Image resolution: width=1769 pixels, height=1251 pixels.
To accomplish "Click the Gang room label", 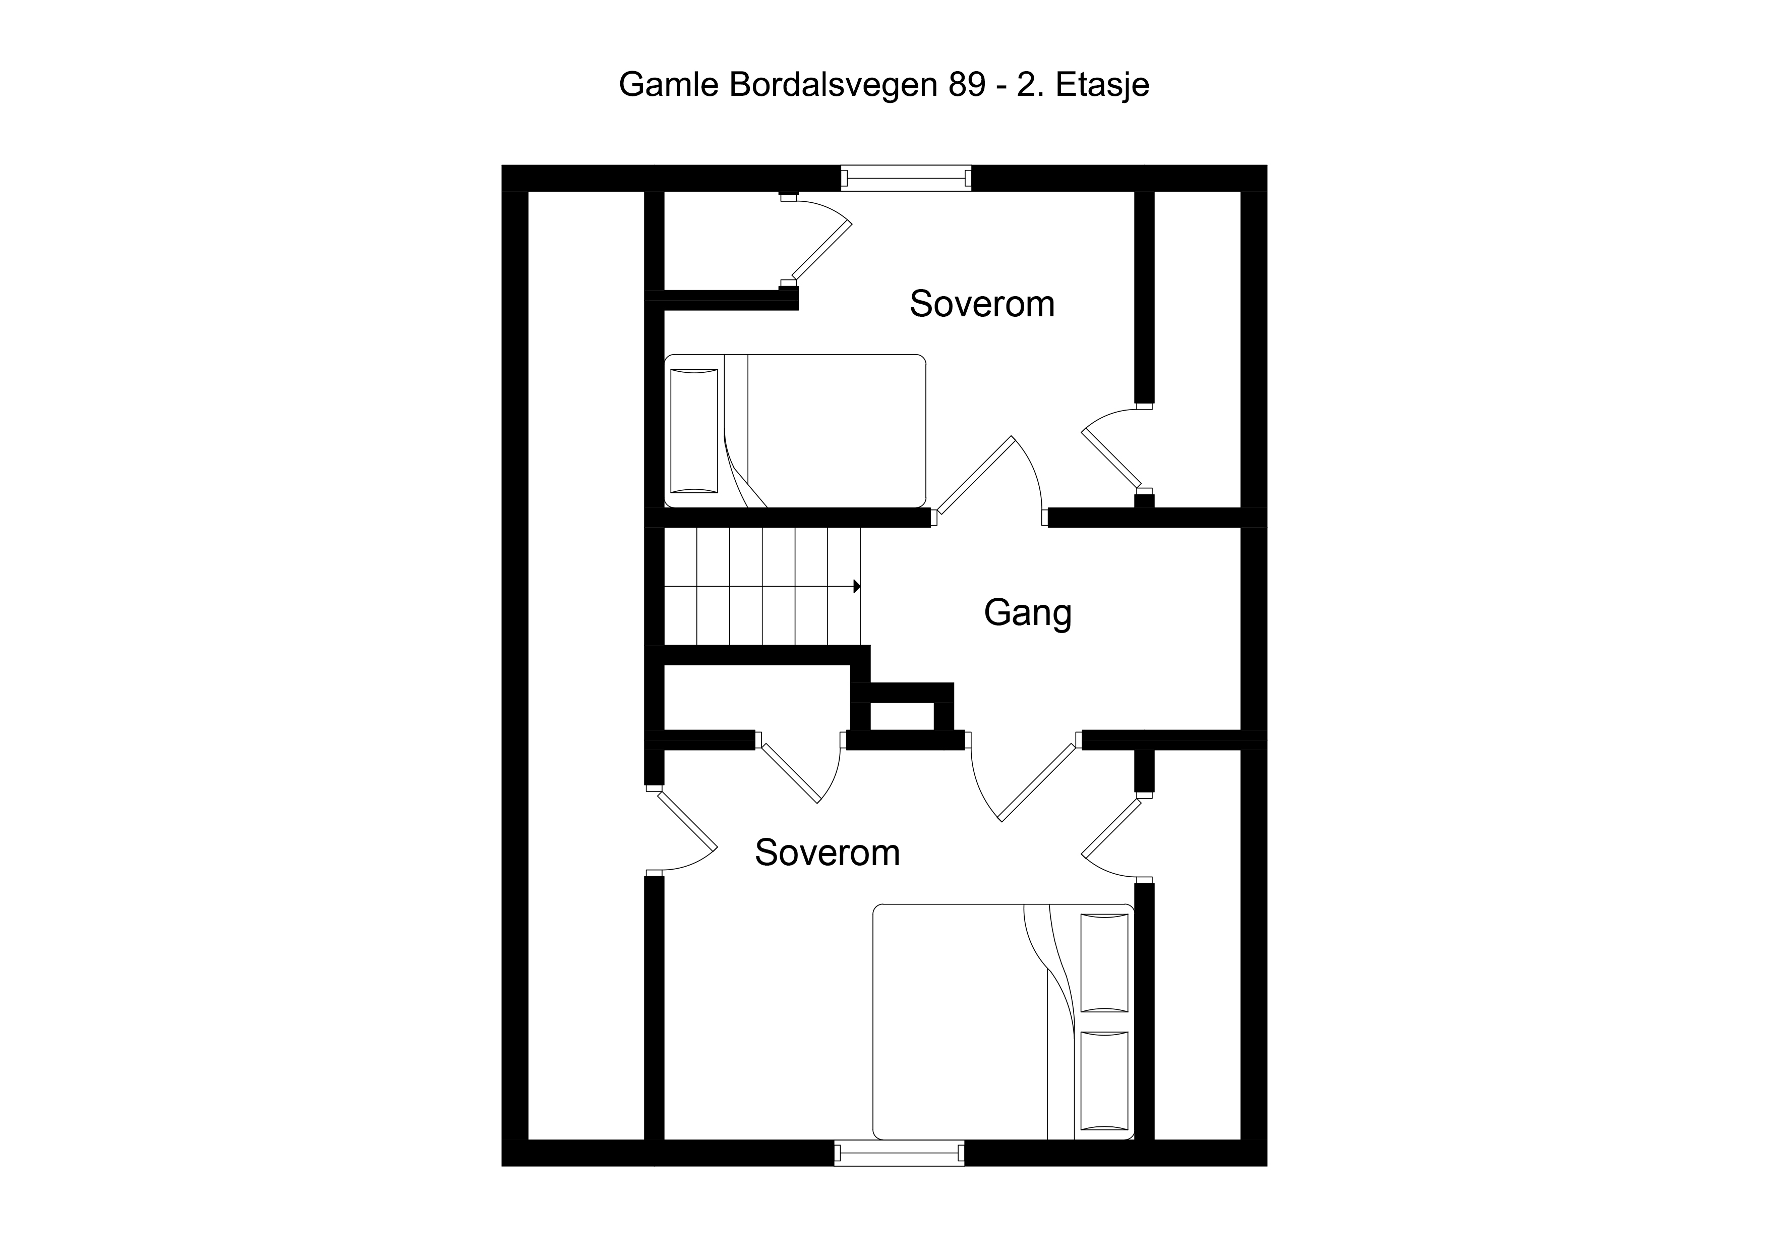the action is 1028,613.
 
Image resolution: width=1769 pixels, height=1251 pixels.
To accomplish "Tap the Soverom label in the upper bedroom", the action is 982,304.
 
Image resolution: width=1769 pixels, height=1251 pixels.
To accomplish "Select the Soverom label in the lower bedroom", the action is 828,852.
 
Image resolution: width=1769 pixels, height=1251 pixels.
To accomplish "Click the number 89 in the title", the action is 967,85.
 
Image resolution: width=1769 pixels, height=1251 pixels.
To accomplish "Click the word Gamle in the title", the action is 670,85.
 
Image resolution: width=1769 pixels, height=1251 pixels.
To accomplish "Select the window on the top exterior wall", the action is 906,178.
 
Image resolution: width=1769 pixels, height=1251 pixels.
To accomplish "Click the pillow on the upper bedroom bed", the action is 694,431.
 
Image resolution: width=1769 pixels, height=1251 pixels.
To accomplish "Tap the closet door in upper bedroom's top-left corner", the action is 817,240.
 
